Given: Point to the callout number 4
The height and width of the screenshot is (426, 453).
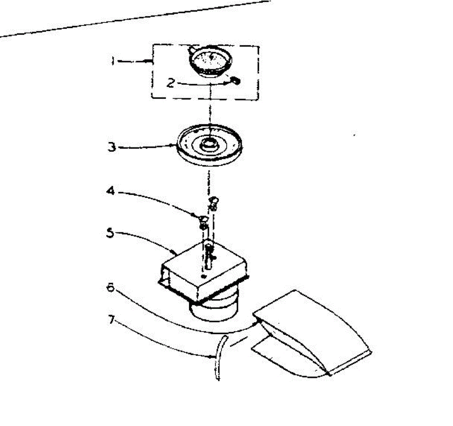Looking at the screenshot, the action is tap(111, 191).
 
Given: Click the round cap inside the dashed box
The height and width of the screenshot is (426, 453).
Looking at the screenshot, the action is tap(210, 61).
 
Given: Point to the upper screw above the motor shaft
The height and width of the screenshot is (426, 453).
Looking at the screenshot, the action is tap(213, 203).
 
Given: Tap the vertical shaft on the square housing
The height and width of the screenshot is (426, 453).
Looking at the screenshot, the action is tap(209, 257).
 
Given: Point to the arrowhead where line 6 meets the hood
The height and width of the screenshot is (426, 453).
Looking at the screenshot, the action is tap(258, 322).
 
